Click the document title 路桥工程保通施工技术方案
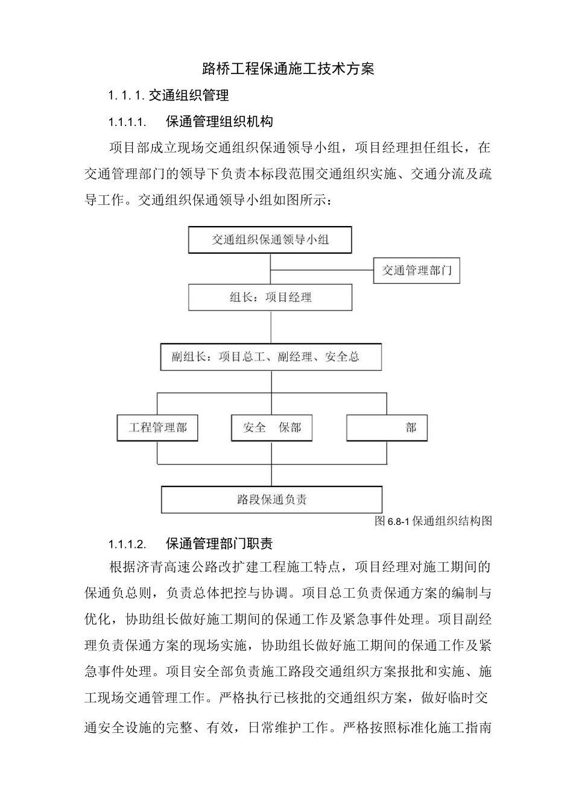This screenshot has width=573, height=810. (x=288, y=69)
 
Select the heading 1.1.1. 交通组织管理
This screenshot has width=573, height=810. (x=168, y=95)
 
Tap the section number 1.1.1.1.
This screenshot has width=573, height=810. (x=127, y=122)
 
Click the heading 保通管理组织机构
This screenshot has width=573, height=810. (x=220, y=122)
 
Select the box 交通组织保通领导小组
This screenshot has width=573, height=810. (x=270, y=240)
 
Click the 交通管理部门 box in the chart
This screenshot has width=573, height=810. (x=416, y=271)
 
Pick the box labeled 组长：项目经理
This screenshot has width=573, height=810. (x=270, y=297)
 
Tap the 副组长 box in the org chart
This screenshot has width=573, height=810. (x=271, y=357)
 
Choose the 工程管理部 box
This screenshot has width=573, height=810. (x=157, y=428)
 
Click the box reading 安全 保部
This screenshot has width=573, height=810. (x=272, y=428)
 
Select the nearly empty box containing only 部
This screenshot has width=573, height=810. (x=387, y=428)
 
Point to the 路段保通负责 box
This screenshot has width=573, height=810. (x=271, y=500)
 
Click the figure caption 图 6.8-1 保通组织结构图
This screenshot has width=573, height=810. (x=433, y=521)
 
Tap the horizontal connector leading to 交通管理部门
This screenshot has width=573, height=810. (x=322, y=269)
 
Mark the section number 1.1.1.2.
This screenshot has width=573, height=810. (x=127, y=544)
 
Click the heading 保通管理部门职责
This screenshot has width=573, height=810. (x=220, y=544)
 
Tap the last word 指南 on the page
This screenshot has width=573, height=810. (x=478, y=727)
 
